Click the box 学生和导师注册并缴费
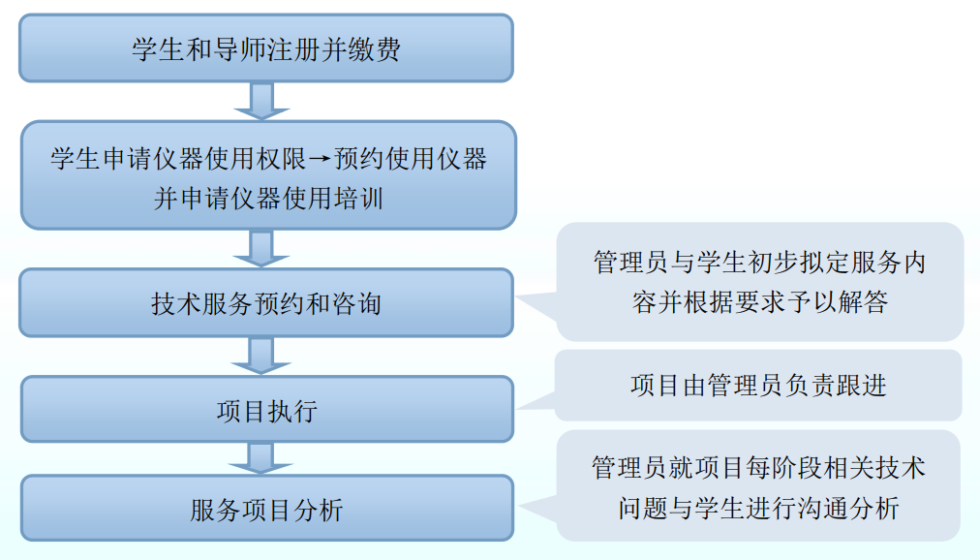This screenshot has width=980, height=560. pos(266,48)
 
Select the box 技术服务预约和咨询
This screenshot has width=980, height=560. pos(266,303)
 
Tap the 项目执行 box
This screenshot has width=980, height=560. pos(266,411)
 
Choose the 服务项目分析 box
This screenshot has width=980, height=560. pos(266,509)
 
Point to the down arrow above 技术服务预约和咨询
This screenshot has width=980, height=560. pos(260,248)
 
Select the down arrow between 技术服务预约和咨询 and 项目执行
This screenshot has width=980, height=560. pos(260,356)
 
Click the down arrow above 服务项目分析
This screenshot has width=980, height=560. pos(260,457)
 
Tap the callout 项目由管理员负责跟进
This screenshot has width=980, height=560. pos(757,386)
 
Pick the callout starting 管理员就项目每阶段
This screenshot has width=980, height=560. pos(758,486)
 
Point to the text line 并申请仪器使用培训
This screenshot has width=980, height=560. pos(267,199)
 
